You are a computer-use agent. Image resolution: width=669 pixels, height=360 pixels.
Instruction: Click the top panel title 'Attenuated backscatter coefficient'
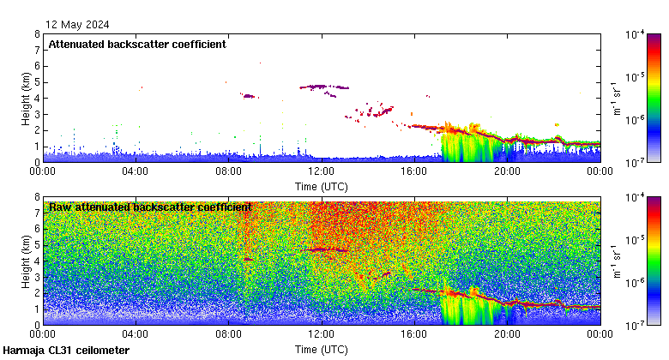137,45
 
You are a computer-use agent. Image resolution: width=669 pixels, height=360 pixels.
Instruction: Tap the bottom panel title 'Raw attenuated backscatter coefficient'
150,207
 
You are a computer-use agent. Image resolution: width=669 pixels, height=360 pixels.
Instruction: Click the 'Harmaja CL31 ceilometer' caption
66,351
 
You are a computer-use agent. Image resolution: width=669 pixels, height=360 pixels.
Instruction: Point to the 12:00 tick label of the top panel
321,171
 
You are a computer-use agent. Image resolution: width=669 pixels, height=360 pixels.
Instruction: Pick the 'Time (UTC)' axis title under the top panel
322,185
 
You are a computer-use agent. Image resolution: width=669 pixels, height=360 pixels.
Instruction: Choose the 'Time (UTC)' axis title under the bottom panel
322,349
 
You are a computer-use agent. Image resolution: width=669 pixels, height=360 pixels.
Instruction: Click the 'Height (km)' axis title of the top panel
26,98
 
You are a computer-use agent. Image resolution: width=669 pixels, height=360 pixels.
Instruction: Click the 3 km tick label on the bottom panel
36,277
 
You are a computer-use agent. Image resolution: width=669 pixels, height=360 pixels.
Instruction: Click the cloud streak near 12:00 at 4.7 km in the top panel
324,87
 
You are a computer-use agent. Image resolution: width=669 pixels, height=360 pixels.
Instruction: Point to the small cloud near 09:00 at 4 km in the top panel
250,96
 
